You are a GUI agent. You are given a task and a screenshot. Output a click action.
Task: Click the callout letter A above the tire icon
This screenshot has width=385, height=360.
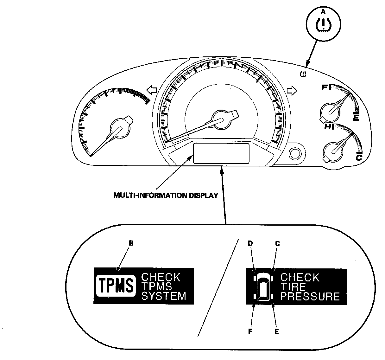coord(323,12)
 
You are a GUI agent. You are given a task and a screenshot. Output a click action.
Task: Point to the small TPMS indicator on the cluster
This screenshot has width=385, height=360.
coord(303,74)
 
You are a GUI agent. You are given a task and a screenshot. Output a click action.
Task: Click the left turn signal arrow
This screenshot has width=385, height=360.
coord(152,90)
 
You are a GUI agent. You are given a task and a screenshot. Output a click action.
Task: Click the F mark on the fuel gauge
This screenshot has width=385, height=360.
coord(324,87)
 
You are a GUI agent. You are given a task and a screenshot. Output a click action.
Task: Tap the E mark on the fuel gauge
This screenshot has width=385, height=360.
coord(356,118)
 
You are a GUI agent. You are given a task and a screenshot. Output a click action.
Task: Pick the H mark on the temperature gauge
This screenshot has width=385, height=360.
coord(328,127)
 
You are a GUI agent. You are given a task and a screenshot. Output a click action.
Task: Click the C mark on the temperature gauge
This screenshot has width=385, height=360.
coord(359,157)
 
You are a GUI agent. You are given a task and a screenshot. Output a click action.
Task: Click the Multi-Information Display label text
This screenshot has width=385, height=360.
coord(166,195)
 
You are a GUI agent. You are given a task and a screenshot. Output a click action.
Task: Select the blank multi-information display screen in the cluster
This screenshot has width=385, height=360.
coord(221,153)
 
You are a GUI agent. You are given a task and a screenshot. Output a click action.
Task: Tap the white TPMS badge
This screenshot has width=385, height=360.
coord(115,286)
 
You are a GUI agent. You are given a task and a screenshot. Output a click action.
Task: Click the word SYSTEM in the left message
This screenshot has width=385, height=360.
coord(163,296)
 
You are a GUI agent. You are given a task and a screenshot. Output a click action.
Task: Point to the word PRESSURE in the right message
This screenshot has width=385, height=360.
coord(310,297)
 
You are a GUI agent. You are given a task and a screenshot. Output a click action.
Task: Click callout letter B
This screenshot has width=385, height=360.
coord(131,243)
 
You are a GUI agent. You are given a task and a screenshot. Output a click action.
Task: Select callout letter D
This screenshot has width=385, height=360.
coord(250,243)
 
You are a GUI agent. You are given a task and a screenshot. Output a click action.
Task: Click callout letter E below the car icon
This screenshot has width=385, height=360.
coord(276,331)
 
